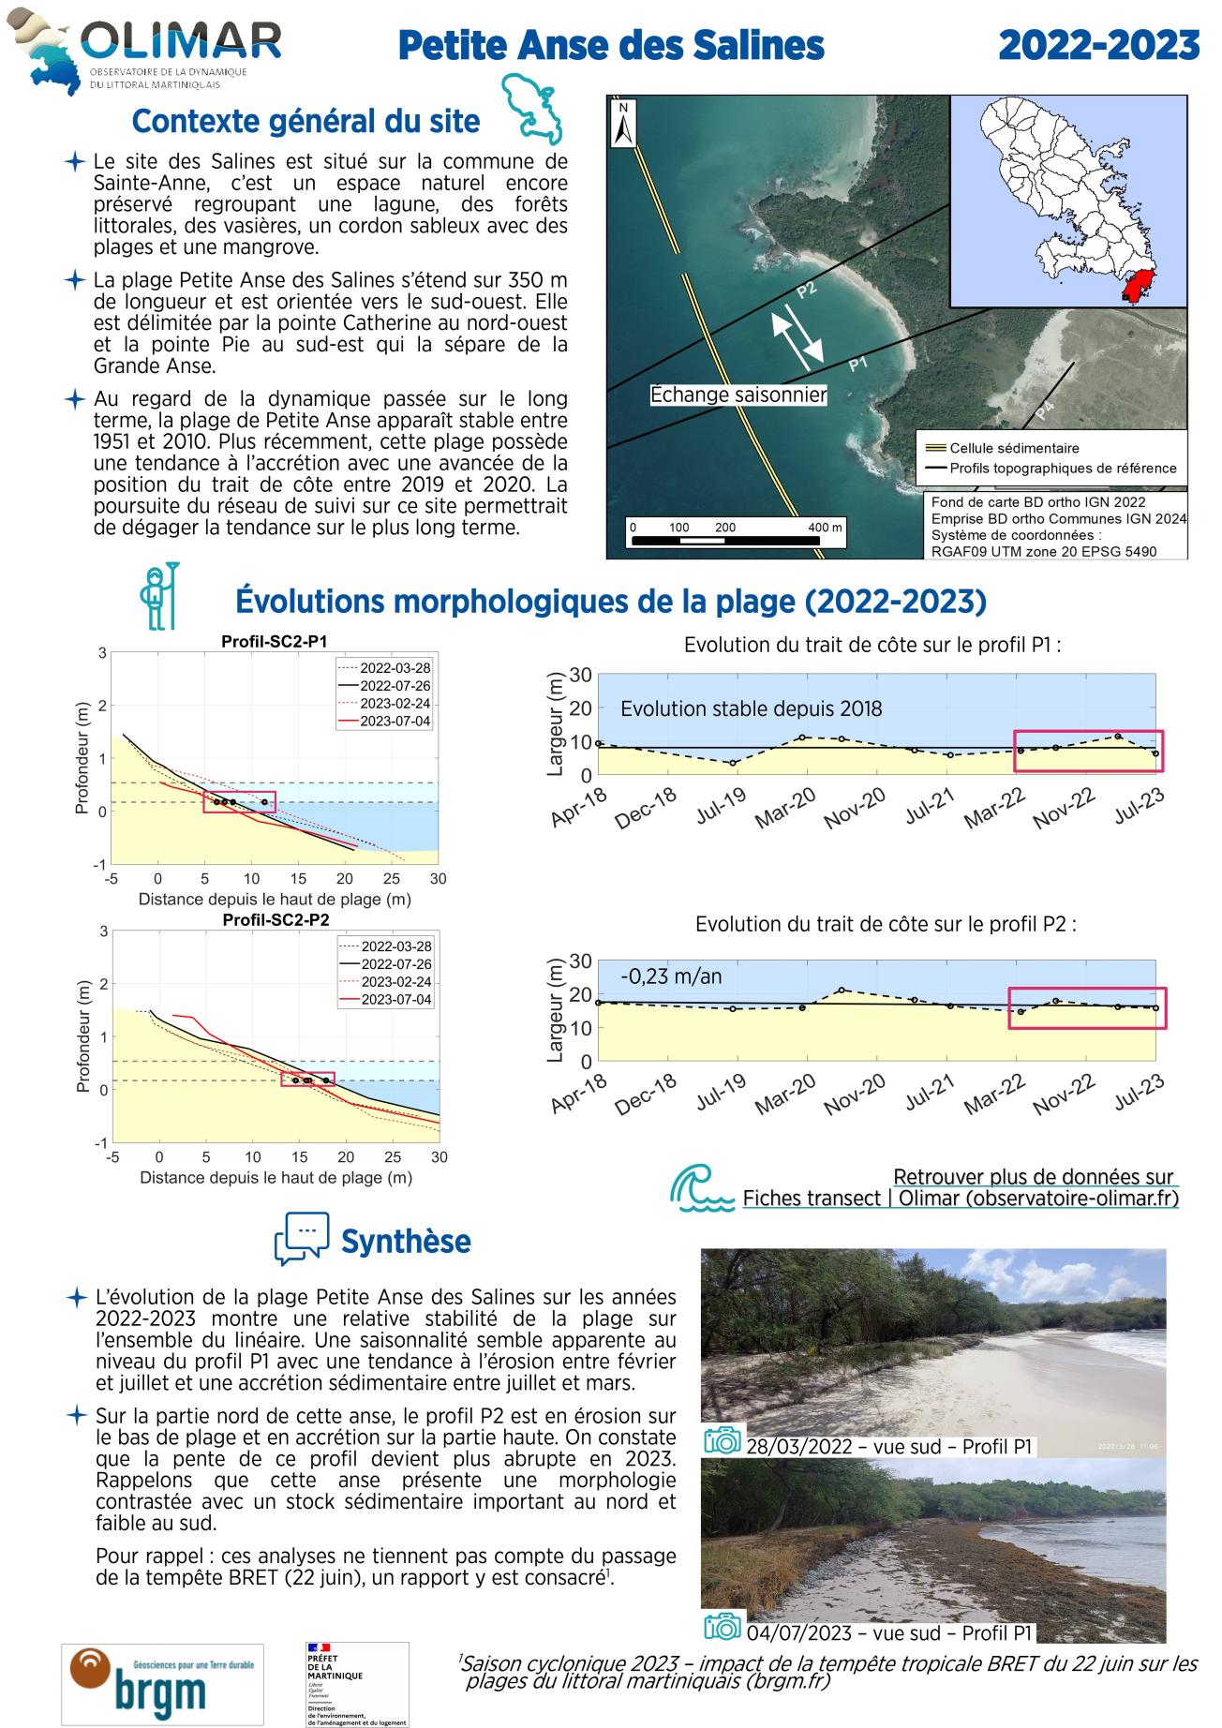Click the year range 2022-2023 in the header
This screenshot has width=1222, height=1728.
1098,45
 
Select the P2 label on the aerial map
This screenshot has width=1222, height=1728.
806,290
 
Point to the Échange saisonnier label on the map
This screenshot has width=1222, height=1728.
738,395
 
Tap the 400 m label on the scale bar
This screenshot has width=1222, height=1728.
825,528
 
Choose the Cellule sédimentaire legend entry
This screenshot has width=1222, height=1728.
1014,448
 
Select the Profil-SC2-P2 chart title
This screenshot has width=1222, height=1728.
276,919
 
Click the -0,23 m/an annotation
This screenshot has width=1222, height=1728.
671,976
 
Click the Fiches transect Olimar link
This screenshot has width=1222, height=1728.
960,1198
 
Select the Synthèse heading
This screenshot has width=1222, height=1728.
406,1242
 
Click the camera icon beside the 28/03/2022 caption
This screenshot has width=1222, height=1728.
723,1441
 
